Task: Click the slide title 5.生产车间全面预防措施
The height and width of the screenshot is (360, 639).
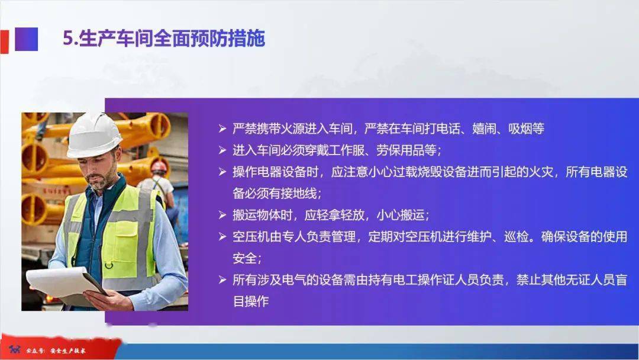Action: [164, 38]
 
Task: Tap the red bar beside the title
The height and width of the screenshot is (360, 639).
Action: [4, 41]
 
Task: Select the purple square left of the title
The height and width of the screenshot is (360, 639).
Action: [27, 39]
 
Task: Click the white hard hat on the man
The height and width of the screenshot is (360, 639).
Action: [93, 136]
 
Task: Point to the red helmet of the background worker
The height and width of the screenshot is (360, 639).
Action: [159, 166]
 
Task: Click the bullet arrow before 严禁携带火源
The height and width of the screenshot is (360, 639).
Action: [222, 129]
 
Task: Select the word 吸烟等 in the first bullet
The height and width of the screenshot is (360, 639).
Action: [526, 129]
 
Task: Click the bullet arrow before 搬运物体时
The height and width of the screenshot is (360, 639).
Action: [222, 215]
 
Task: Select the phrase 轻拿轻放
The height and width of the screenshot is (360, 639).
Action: [341, 215]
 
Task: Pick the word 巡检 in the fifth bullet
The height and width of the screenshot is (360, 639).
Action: [517, 236]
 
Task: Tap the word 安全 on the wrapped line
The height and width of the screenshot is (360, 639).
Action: [244, 258]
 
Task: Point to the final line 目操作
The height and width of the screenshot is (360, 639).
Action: [251, 301]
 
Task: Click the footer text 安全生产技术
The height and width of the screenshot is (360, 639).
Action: [67, 351]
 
